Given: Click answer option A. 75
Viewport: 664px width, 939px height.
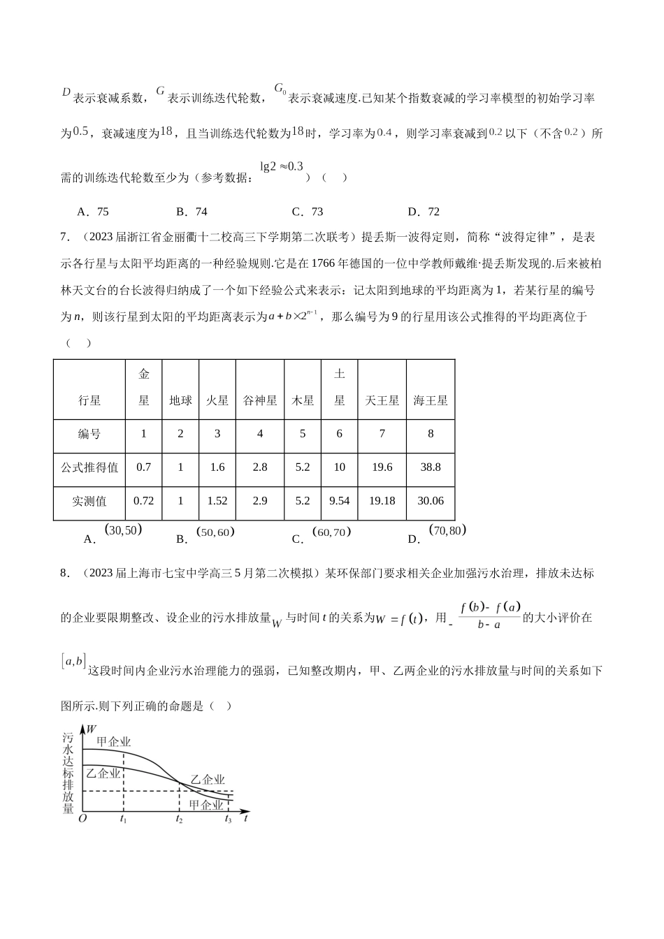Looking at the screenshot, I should tap(94, 212).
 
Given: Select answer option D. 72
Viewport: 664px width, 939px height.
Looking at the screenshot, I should tap(424, 212).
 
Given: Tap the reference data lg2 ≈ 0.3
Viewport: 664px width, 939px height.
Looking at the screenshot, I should tap(282, 166).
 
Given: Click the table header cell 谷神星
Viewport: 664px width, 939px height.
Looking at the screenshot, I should tap(260, 400).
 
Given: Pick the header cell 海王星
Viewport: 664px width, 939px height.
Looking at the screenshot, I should tap(431, 400).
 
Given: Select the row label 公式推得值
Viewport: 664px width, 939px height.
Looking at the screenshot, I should tap(89, 467).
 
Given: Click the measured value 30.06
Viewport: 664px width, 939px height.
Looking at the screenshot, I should tap(431, 501).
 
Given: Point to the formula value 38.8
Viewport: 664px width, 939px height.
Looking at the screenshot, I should tap(431, 467).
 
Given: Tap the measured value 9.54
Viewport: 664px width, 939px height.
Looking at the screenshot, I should tap(340, 501).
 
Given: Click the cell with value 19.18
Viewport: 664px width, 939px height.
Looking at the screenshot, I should tap(382, 501).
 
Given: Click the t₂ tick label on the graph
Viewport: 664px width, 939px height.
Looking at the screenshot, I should tap(180, 819).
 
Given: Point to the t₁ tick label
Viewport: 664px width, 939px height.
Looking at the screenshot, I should tap(123, 819).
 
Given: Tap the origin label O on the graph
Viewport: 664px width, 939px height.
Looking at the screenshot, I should tap(82, 818).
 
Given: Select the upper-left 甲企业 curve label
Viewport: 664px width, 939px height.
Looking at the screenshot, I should tap(113, 741).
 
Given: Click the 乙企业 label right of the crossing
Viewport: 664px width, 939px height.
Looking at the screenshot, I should tap(208, 780).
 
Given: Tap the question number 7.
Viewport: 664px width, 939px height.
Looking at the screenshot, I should tap(64, 237).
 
